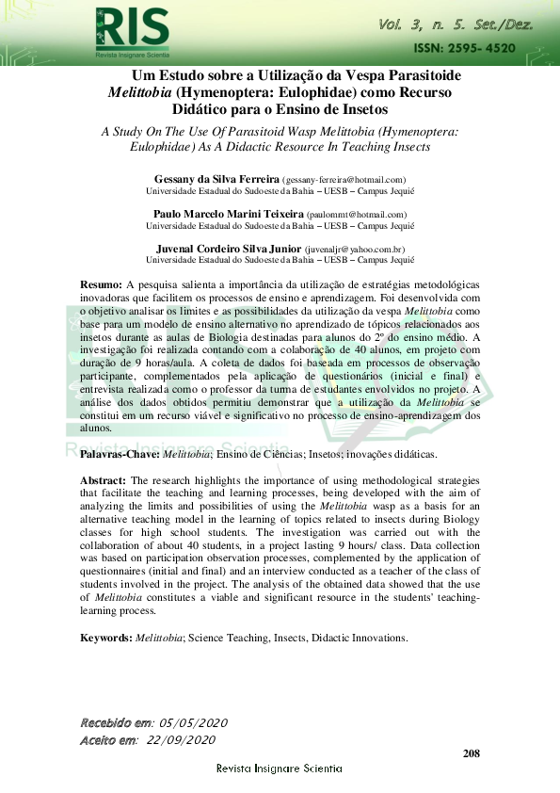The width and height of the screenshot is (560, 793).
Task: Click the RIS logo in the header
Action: click(132, 28)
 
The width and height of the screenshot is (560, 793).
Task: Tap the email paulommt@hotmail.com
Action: click(357, 216)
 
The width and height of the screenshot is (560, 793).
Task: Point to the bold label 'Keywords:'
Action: click(105, 638)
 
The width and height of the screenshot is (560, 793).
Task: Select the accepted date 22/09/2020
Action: click(182, 740)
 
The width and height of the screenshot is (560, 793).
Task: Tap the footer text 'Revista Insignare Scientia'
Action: click(280, 769)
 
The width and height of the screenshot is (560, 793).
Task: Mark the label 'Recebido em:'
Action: click(117, 722)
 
